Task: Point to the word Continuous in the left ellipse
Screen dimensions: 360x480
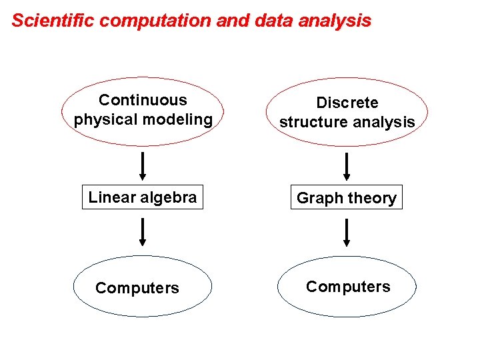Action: [143, 101]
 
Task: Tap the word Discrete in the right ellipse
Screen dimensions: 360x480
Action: [347, 103]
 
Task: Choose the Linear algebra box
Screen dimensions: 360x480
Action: [143, 197]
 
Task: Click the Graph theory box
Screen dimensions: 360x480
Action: [346, 198]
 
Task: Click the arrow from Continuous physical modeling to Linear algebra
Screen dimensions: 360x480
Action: [143, 166]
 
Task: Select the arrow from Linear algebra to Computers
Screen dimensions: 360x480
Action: [143, 232]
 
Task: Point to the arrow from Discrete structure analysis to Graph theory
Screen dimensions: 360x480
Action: [346, 167]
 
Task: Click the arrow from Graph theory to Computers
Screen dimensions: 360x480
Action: [346, 233]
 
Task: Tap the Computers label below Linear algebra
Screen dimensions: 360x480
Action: [137, 288]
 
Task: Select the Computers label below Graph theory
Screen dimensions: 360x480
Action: [348, 287]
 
